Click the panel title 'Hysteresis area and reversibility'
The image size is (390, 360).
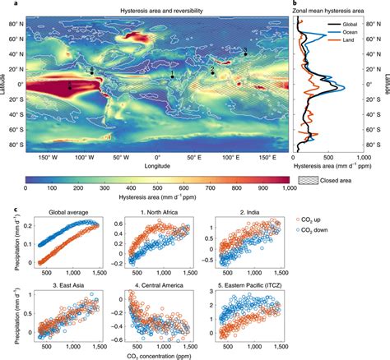point(155,7)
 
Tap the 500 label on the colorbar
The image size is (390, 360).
point(156,188)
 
